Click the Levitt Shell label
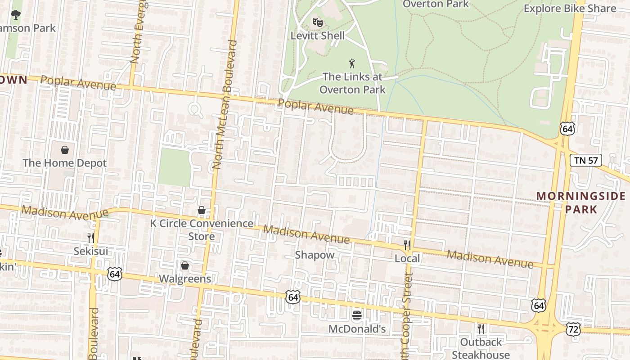(318, 36)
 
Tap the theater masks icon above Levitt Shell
(318, 22)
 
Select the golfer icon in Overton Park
(352, 63)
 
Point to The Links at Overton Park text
(352, 83)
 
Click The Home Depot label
(65, 163)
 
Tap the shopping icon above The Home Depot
(65, 149)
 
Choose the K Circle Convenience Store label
(201, 229)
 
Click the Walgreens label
(185, 279)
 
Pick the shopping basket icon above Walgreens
(185, 266)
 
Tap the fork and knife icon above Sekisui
(91, 238)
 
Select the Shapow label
(315, 255)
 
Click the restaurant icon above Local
(407, 245)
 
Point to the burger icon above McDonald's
(357, 315)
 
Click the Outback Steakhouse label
(481, 348)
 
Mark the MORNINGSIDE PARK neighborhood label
(581, 202)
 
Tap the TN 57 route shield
(586, 160)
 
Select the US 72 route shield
(574, 330)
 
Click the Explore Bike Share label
(570, 9)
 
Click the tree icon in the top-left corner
(16, 15)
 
